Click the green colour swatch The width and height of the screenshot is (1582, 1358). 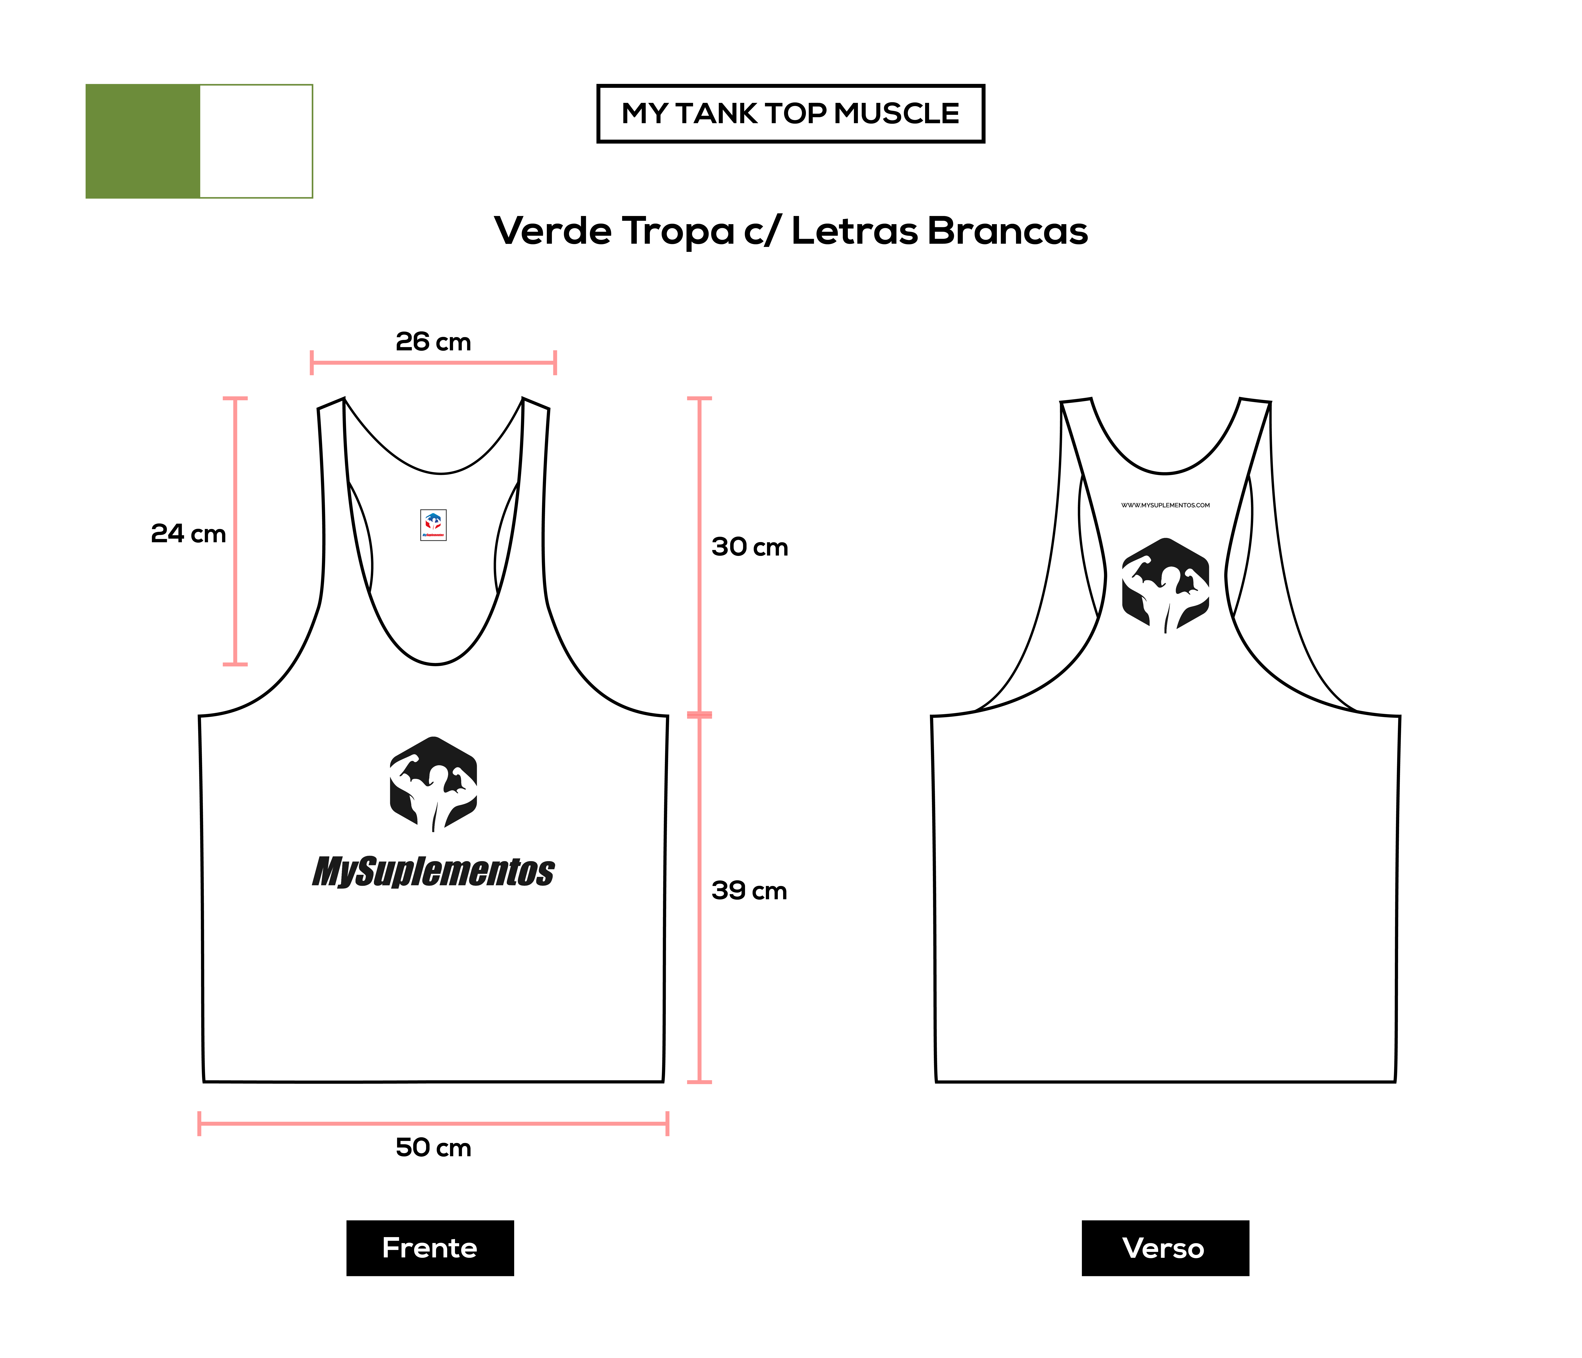(143, 141)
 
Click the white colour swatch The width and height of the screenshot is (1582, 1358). (257, 141)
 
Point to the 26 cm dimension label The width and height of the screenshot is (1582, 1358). (433, 341)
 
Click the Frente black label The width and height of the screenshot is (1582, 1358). (430, 1248)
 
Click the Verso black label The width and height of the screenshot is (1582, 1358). (1165, 1248)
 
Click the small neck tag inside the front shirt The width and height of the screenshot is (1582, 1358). (433, 525)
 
